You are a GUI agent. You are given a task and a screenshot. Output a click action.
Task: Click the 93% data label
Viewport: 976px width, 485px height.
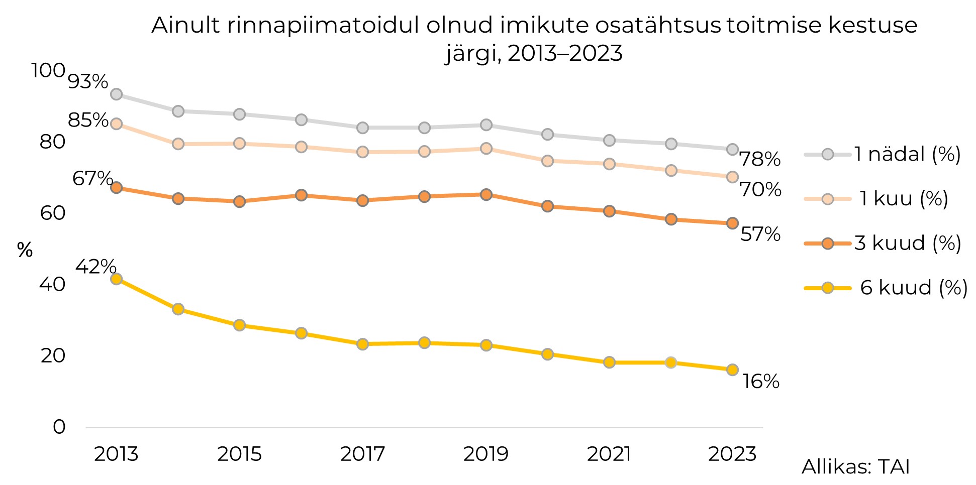click(88, 81)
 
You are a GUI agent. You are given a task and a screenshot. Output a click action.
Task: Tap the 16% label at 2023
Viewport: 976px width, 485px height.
click(761, 382)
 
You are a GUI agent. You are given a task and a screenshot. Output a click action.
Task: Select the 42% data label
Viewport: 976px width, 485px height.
click(95, 267)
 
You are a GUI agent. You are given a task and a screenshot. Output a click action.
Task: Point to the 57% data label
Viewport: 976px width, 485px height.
click(760, 234)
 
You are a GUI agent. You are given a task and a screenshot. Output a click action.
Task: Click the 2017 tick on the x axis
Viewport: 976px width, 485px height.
click(362, 454)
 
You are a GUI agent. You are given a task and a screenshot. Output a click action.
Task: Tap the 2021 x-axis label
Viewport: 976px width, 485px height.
click(609, 454)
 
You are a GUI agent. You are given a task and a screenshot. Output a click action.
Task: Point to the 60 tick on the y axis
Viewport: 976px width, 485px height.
click(53, 213)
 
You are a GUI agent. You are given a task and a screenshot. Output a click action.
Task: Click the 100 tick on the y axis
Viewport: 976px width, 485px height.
click(48, 70)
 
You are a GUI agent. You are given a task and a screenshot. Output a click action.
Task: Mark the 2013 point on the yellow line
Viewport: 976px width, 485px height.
click(116, 279)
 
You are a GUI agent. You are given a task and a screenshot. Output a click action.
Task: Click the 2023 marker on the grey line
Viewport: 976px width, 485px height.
click(732, 150)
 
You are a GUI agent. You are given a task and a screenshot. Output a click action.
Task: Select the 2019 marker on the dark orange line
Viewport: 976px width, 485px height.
click(486, 195)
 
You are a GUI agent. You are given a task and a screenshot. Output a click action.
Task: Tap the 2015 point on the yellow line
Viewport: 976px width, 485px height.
click(239, 325)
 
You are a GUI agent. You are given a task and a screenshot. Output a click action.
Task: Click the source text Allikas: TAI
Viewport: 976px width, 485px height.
click(855, 467)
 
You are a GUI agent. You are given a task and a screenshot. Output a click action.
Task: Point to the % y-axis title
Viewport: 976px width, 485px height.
click(25, 250)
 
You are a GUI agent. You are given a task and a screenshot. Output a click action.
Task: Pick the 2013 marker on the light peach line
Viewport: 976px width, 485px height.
click(116, 124)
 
